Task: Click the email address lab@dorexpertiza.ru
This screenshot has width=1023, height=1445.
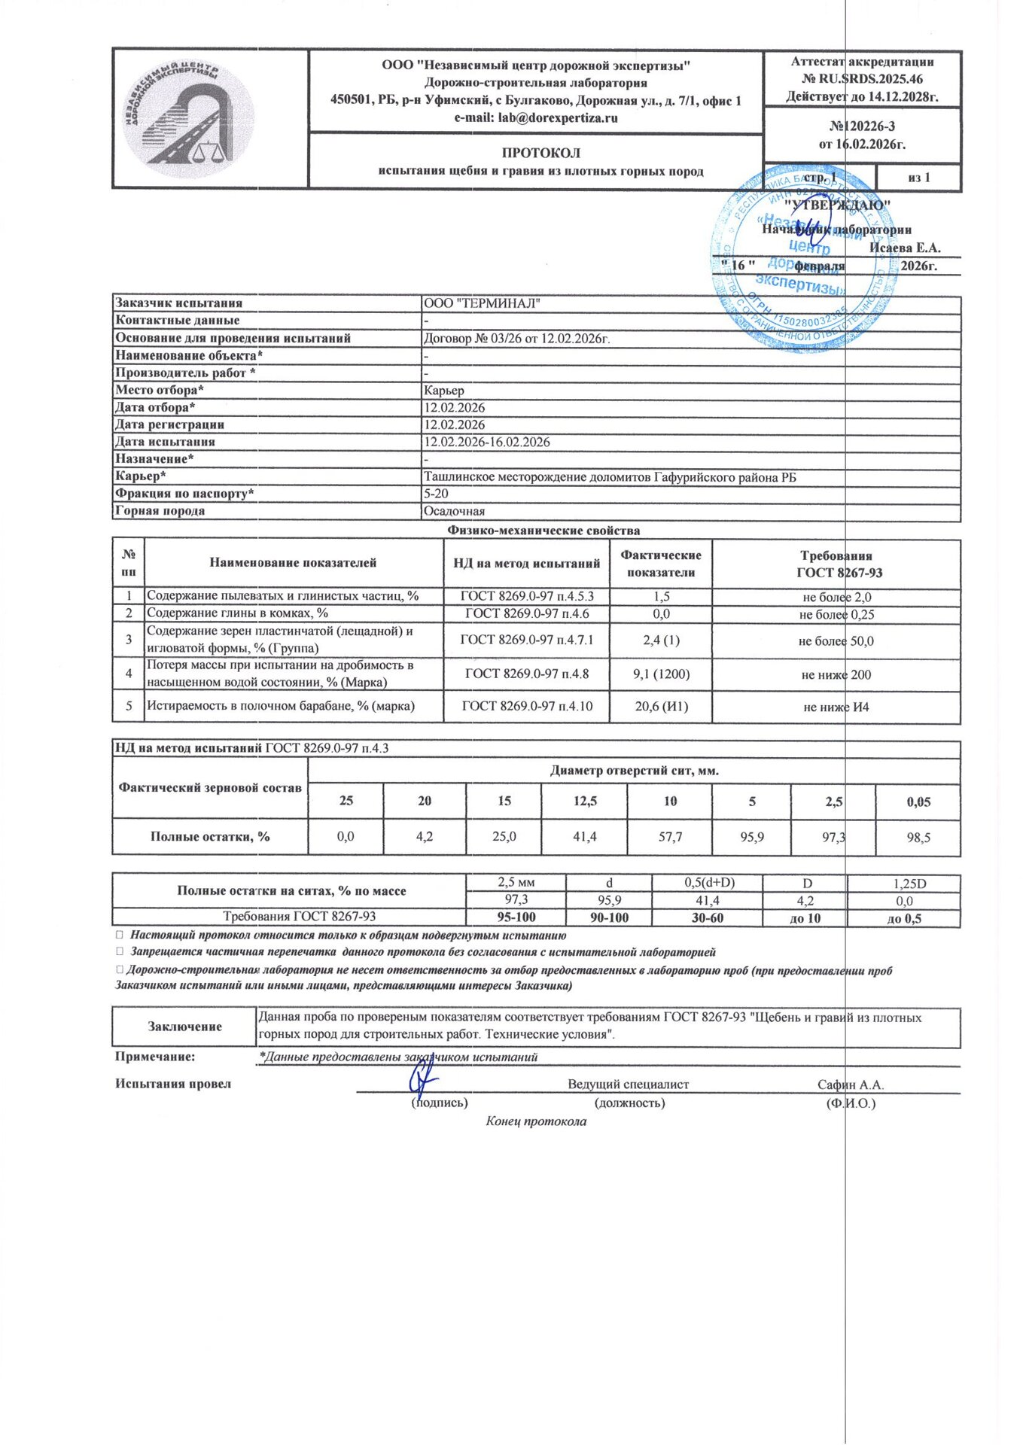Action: (x=535, y=118)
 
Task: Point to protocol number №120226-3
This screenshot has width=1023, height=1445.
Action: (x=862, y=126)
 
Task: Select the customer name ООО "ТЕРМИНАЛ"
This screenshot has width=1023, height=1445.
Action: (x=482, y=303)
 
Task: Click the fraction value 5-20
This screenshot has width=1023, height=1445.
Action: (x=436, y=494)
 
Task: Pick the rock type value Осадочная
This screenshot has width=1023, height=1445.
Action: (x=454, y=511)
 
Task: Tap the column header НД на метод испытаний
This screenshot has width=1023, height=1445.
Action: (x=526, y=563)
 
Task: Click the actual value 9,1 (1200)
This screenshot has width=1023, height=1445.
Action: (x=661, y=674)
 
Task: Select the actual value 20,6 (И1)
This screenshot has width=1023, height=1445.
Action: (x=661, y=706)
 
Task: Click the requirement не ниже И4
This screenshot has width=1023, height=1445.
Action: (x=836, y=707)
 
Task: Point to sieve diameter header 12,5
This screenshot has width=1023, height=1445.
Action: (x=585, y=801)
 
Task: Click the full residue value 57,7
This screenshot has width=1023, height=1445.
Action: (x=670, y=836)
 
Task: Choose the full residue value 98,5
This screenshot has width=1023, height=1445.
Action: (x=918, y=837)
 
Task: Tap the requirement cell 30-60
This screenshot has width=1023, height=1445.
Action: (x=707, y=918)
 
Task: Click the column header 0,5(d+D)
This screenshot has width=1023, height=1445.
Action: (x=707, y=883)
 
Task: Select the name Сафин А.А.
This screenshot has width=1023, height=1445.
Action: (x=851, y=1085)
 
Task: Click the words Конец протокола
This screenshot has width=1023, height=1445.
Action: (x=536, y=1121)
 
